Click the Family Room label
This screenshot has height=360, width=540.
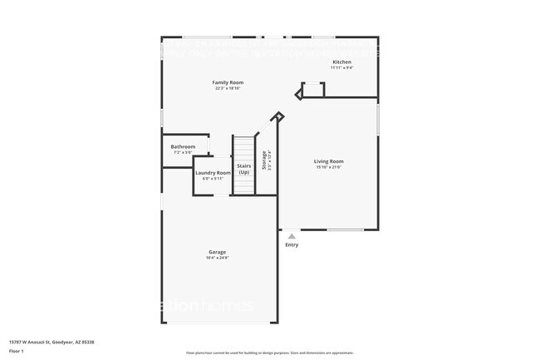(228, 82)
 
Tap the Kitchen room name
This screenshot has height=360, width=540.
(341, 62)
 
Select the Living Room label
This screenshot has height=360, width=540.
(328, 161)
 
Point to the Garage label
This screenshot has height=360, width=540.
(218, 252)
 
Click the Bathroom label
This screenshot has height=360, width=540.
(183, 147)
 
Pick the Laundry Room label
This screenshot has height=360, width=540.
(213, 172)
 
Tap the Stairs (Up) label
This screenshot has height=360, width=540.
(244, 169)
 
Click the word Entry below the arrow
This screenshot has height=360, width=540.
(292, 244)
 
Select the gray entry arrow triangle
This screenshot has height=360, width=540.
(292, 236)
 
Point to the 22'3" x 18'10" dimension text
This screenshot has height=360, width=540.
(228, 88)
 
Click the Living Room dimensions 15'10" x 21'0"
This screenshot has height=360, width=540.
(328, 167)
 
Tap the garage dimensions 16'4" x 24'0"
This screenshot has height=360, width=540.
(218, 258)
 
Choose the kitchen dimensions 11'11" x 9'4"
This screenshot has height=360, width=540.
(341, 68)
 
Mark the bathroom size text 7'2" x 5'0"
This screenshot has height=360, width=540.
(183, 153)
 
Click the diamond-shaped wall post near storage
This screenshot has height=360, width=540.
(279, 117)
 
